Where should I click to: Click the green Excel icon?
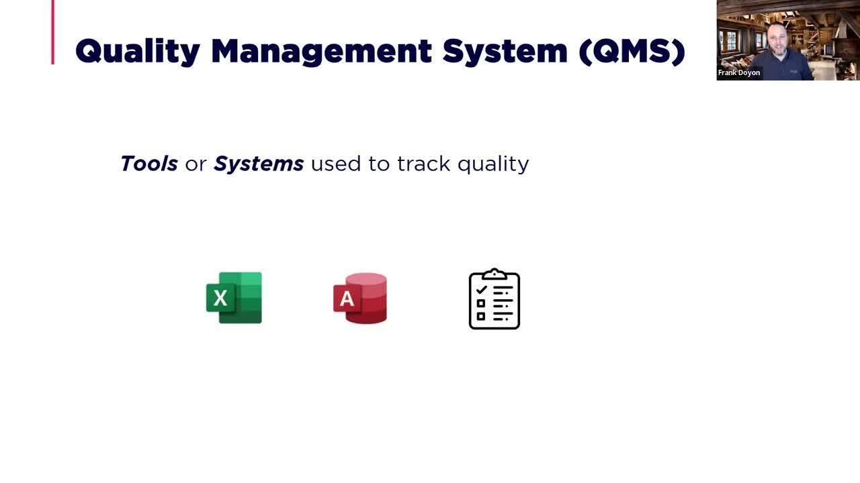[234, 298]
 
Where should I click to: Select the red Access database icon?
[360, 299]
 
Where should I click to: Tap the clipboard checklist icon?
[494, 299]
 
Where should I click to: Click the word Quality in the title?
[138, 52]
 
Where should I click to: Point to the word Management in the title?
[322, 52]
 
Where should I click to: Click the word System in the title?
[505, 52]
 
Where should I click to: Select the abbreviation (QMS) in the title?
[632, 52]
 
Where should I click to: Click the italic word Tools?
[149, 164]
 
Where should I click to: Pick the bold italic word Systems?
[259, 164]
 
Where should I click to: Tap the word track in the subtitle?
[423, 164]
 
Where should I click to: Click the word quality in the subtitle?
[493, 164]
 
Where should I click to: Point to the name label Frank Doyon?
[739, 72]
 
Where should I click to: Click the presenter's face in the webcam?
[777, 40]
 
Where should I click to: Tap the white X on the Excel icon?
[220, 298]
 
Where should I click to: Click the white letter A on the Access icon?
[347, 299]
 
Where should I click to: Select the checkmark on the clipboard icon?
[482, 290]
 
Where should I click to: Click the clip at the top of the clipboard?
[494, 274]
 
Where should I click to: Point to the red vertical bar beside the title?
[53, 32]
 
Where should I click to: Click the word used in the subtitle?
[336, 164]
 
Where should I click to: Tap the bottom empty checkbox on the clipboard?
[480, 316]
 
